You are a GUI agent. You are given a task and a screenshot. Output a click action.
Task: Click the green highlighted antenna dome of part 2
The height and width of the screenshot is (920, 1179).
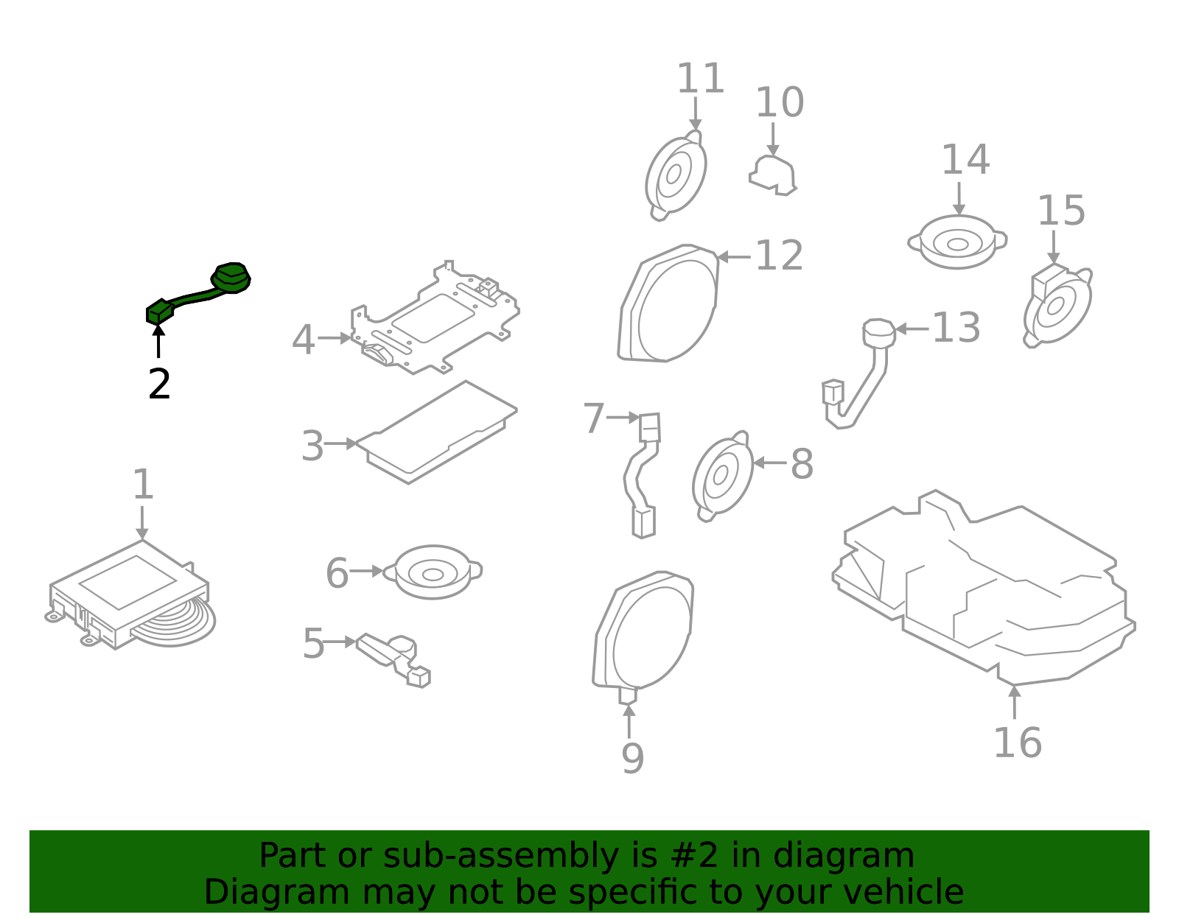pos(231,278)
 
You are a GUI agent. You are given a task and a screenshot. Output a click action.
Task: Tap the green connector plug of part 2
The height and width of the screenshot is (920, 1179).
pos(159,313)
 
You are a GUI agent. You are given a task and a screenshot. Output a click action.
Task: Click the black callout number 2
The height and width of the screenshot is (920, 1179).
pos(159,384)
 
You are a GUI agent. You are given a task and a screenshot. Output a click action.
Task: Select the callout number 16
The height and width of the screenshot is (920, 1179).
pos(1017,742)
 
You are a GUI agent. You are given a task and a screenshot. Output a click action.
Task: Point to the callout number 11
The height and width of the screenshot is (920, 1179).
pos(700,79)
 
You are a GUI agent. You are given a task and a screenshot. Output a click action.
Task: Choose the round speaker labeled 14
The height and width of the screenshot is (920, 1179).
pos(957,242)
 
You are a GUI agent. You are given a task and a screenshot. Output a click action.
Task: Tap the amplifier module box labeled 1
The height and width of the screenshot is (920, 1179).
pos(129,593)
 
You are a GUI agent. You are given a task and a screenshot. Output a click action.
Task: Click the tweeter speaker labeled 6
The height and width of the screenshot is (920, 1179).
pos(433,572)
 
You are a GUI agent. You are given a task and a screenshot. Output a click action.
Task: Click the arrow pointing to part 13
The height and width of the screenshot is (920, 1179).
pos(911,329)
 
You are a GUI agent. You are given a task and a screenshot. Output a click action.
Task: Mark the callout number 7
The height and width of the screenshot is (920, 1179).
pos(593,418)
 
